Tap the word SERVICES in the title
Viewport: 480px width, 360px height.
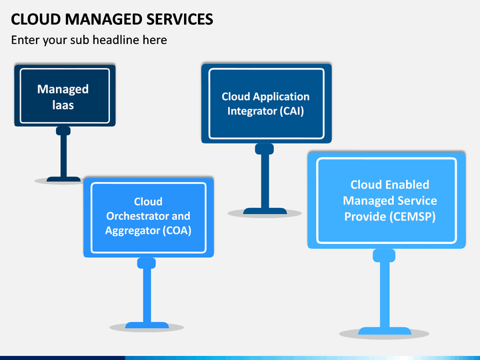[179, 19]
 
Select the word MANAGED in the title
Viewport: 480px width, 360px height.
[103, 19]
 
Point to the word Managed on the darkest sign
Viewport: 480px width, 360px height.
[63, 89]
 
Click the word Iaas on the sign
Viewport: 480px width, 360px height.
[63, 105]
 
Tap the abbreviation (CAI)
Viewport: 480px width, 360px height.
[292, 111]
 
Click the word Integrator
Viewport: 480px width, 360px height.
[252, 111]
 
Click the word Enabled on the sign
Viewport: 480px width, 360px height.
[407, 185]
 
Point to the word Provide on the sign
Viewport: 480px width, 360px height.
[365, 217]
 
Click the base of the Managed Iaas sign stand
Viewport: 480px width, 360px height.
[63, 179]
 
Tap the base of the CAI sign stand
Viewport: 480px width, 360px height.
[265, 211]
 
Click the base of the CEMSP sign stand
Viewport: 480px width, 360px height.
[385, 331]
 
